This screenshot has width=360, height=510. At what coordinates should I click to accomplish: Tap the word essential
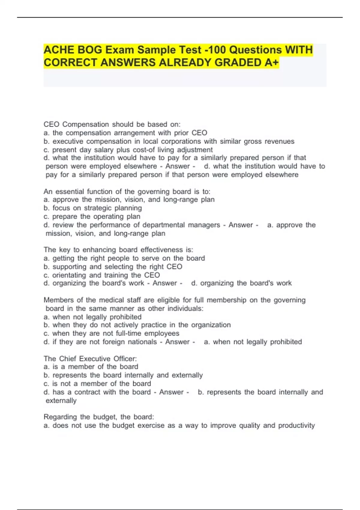(x=70, y=191)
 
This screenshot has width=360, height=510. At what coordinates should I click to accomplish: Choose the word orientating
(x=69, y=275)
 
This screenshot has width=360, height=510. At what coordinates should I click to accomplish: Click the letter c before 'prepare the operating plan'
(x=46, y=217)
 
